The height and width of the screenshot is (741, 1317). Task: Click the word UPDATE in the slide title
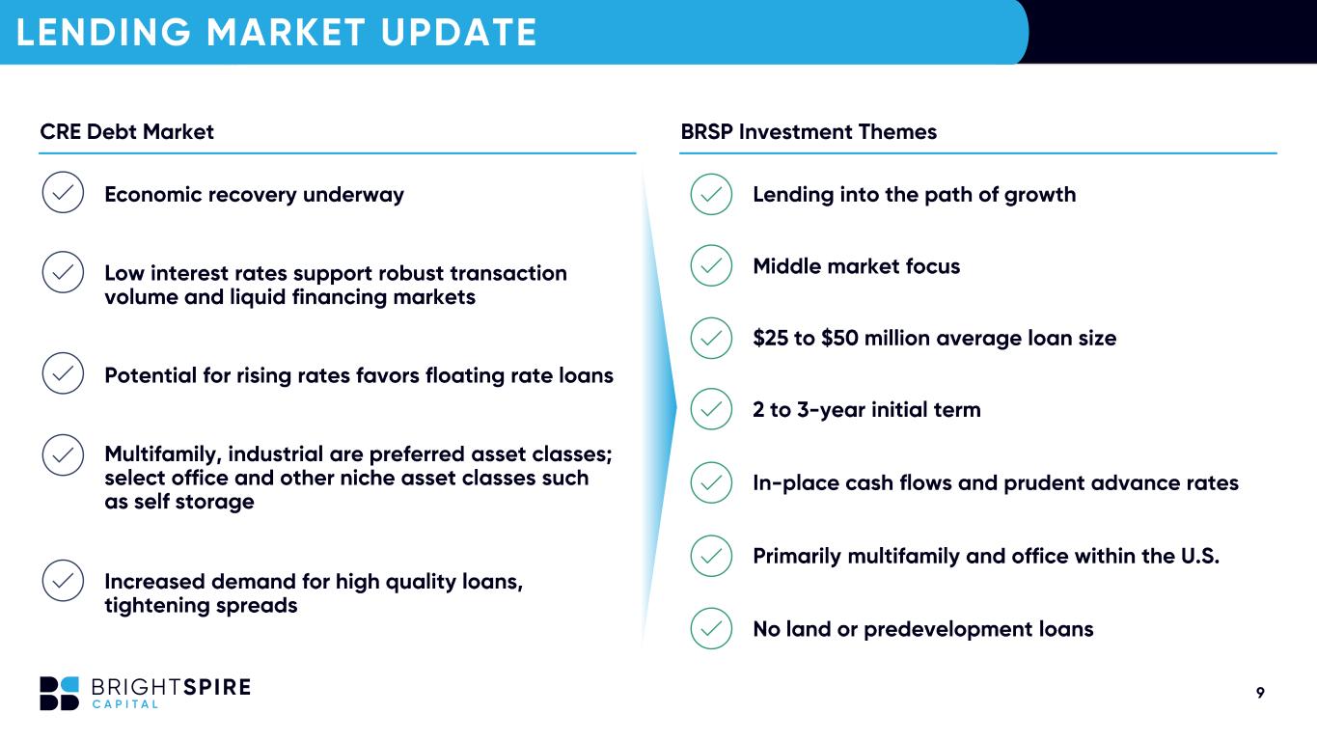[458, 32]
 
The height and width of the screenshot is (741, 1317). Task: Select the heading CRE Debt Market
[126, 132]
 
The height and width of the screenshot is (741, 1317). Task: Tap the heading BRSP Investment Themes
[809, 132]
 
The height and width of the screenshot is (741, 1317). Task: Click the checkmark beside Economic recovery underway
[63, 192]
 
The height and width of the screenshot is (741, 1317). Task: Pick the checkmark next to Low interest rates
[63, 272]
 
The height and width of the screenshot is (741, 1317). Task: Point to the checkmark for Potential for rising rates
[63, 373]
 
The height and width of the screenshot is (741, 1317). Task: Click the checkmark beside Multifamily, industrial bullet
[63, 454]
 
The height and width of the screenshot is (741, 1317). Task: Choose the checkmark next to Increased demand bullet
[63, 581]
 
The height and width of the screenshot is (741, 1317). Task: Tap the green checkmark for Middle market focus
[711, 266]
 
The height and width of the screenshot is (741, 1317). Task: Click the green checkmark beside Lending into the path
[711, 194]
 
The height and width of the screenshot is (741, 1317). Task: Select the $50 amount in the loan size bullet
[839, 338]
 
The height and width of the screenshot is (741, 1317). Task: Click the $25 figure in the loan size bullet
[770, 338]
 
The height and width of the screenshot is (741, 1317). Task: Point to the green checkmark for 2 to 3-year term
[711, 409]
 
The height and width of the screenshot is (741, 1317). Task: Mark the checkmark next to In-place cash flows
[711, 482]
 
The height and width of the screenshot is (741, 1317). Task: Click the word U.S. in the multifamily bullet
[1200, 556]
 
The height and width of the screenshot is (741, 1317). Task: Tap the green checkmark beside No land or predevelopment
[711, 629]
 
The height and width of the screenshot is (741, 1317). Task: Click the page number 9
[1260, 693]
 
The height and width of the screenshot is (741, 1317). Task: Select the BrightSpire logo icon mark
[60, 694]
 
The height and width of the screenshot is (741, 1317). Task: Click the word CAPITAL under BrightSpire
[125, 704]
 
